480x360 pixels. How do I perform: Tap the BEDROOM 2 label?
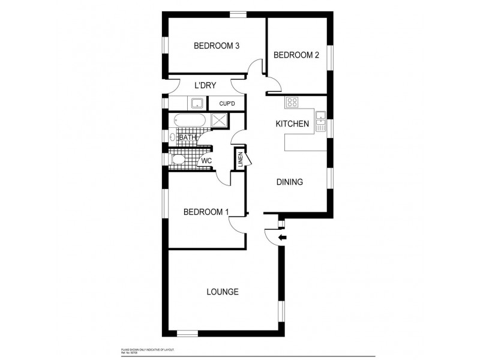(296, 55)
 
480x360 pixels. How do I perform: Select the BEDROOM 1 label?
(206, 211)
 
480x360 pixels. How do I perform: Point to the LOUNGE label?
(223, 292)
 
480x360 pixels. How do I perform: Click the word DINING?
(289, 182)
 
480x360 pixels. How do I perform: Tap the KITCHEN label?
(292, 124)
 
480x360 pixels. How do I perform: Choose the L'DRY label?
(205, 85)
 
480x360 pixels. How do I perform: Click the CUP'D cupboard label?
(227, 104)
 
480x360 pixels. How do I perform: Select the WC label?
(206, 161)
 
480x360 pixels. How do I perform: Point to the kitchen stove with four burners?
(292, 103)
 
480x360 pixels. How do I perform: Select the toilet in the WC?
(178, 160)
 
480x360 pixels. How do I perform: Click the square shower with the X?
(218, 121)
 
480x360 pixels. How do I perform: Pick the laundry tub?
(197, 104)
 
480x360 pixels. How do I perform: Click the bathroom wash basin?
(173, 137)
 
